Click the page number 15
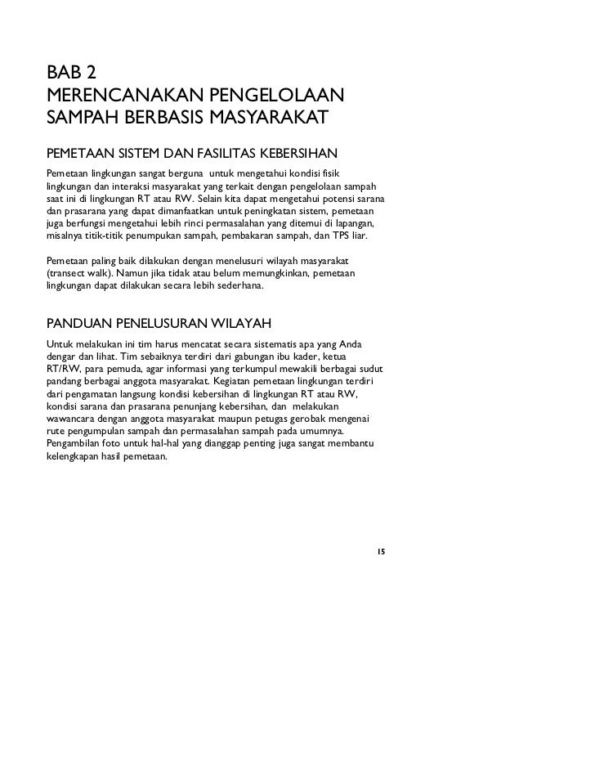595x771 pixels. pyautogui.click(x=380, y=552)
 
